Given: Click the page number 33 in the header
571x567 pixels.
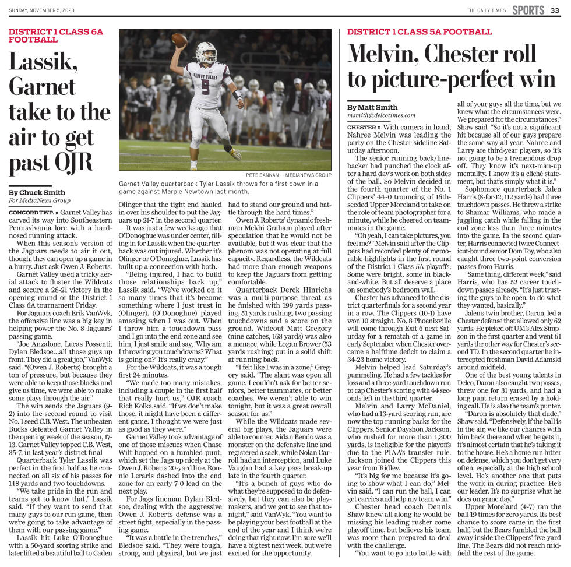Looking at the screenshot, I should tap(555, 10).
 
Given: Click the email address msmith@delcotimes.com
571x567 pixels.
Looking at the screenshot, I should tap(381, 116).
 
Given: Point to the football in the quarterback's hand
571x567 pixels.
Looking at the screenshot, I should tap(179, 40).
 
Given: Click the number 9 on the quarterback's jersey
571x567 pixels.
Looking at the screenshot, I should tap(205, 87).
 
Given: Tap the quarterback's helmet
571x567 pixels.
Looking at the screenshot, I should tap(205, 52).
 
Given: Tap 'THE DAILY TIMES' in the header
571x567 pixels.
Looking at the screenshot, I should tap(485, 10).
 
